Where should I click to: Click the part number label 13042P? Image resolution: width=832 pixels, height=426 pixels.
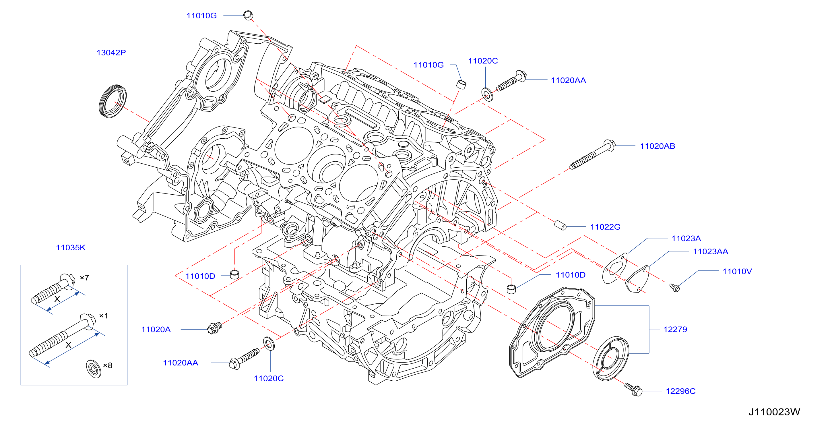point(111,52)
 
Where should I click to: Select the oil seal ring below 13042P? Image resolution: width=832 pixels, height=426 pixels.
point(113,101)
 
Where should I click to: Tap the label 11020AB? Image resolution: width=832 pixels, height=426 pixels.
point(657,146)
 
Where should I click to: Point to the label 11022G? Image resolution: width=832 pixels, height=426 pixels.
point(605,227)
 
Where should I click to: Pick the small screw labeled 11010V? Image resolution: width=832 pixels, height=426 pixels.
point(674,287)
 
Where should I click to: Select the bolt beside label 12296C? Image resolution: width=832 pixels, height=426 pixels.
point(633,390)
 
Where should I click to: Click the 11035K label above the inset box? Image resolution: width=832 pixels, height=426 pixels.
point(71,247)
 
